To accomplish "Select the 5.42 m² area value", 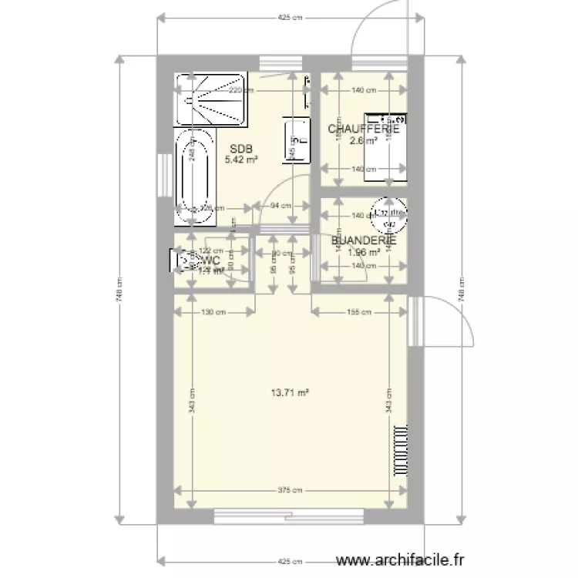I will point(241,160).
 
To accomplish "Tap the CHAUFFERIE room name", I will point(364,129).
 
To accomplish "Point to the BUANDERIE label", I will point(364,240).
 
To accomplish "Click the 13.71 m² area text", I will point(289,391).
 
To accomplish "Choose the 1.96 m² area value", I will point(364,251).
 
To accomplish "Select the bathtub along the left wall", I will point(194,176).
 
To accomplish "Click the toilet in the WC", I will point(185,260).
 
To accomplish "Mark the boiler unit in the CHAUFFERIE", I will point(385,147).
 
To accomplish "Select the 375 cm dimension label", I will point(290,490).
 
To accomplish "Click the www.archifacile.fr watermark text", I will point(403,561).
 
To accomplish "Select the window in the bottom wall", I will point(289,516).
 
